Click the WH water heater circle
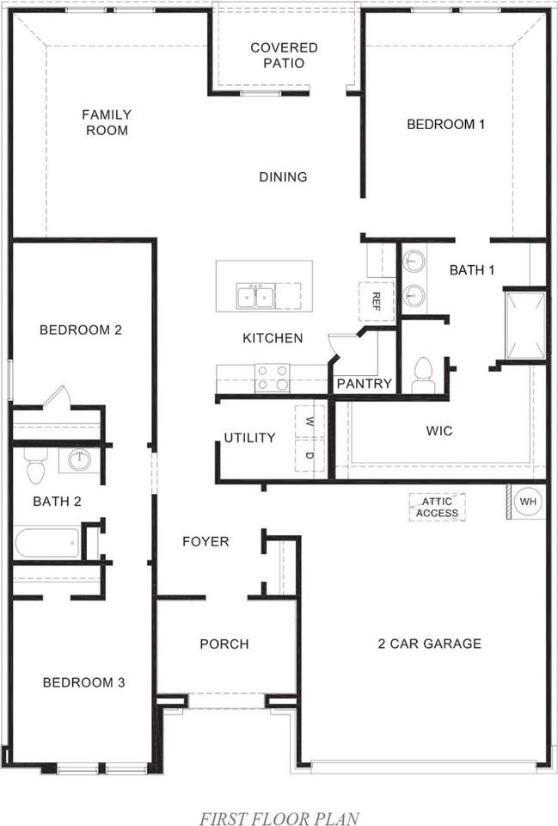coord(525,501)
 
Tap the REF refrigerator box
coord(376,300)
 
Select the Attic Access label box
coord(437,508)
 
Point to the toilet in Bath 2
coord(35,466)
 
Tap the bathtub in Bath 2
coord(47,544)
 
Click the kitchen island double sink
coord(255,297)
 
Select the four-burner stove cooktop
coord(273,377)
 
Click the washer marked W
coord(309,422)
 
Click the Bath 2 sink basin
coord(78,459)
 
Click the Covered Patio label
coord(284,55)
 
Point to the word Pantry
coord(365,384)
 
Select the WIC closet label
coord(439,430)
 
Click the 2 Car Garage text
coord(429,643)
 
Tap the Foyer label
coord(205,541)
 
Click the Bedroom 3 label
coord(84,682)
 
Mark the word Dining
coord(283,177)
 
